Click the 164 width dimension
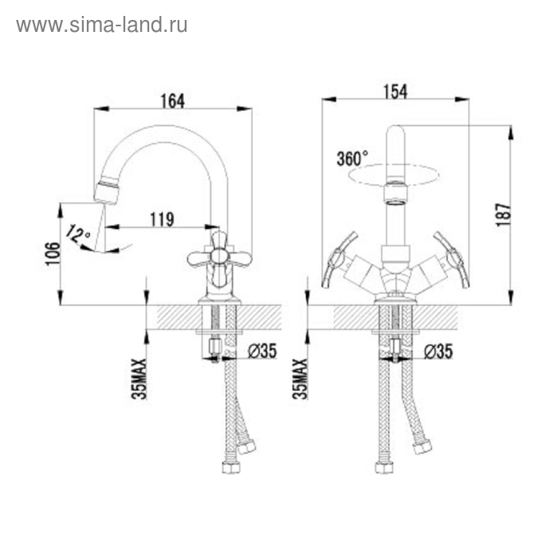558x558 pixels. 172,100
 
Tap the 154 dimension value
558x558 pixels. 395,92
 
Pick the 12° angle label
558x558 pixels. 77,234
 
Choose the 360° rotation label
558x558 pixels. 352,158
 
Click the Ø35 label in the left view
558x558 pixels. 261,351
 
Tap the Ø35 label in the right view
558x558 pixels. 438,351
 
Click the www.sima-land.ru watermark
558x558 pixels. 102,25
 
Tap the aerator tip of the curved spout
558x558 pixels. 106,191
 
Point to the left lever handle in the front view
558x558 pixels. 340,259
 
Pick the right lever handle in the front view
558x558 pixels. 452,259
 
